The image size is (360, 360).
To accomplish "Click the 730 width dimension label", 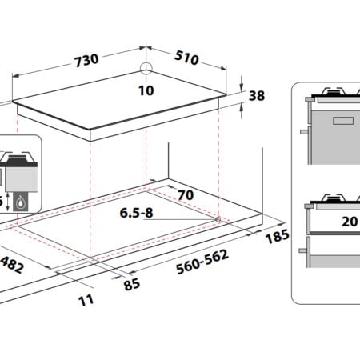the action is click(x=86, y=60).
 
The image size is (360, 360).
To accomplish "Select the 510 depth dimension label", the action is click(x=186, y=58).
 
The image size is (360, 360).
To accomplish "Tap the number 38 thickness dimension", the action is click(x=257, y=96).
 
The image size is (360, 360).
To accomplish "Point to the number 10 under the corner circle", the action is click(x=146, y=90).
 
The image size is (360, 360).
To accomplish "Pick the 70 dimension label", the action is click(x=186, y=195).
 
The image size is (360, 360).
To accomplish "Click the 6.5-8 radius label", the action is click(x=136, y=213).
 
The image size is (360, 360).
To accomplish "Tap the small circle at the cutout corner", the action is click(x=218, y=219).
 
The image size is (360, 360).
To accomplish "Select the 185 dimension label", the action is click(x=278, y=236).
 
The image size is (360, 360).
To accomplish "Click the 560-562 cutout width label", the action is click(x=202, y=262).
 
